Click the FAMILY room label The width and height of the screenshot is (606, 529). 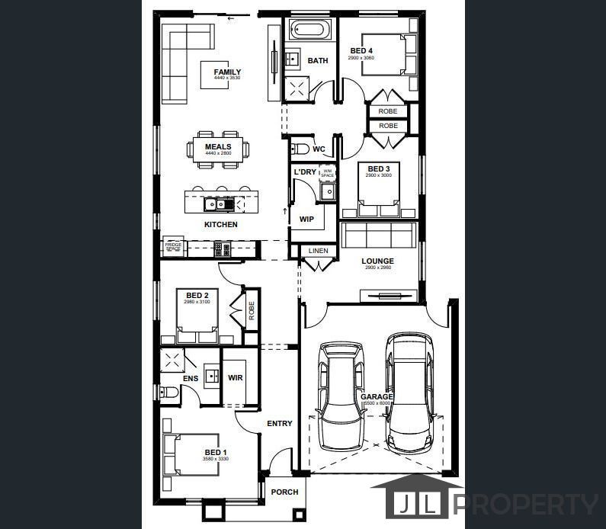point(227,72)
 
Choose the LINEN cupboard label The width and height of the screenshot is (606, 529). point(318,251)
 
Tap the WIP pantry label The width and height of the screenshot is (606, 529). point(306,219)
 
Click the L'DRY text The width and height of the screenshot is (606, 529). point(305,172)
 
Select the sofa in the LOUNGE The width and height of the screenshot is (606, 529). point(377,235)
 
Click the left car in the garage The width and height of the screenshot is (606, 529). point(341,396)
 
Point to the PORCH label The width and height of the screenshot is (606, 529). point(284,492)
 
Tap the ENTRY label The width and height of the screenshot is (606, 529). point(279,424)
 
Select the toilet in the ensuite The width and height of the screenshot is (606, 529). point(170,393)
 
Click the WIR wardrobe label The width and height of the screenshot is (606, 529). point(235,377)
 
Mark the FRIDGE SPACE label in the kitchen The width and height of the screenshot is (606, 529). point(174,246)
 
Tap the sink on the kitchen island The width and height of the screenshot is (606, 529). point(215,204)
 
